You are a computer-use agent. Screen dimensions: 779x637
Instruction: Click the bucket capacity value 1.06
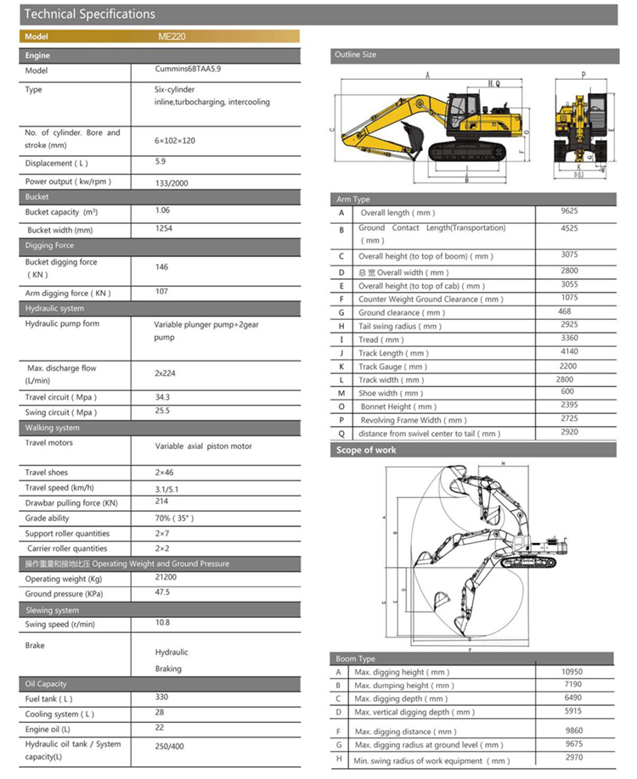click(x=163, y=210)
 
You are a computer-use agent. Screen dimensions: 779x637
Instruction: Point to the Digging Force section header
click(x=51, y=246)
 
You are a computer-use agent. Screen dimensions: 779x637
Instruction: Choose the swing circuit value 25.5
click(x=162, y=411)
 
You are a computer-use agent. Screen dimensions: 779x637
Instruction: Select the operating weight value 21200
click(x=166, y=578)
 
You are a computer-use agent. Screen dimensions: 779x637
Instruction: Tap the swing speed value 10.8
click(x=162, y=623)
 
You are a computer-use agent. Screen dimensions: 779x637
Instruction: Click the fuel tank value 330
click(x=162, y=698)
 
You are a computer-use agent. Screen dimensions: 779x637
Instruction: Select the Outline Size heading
click(x=355, y=54)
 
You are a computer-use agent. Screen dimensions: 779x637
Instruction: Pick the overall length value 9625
click(x=569, y=210)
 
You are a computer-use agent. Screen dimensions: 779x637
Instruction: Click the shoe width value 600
click(x=569, y=392)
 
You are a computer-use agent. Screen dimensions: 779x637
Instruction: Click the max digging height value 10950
click(x=572, y=671)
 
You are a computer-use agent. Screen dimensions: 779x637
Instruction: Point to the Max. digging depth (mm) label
click(x=401, y=699)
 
